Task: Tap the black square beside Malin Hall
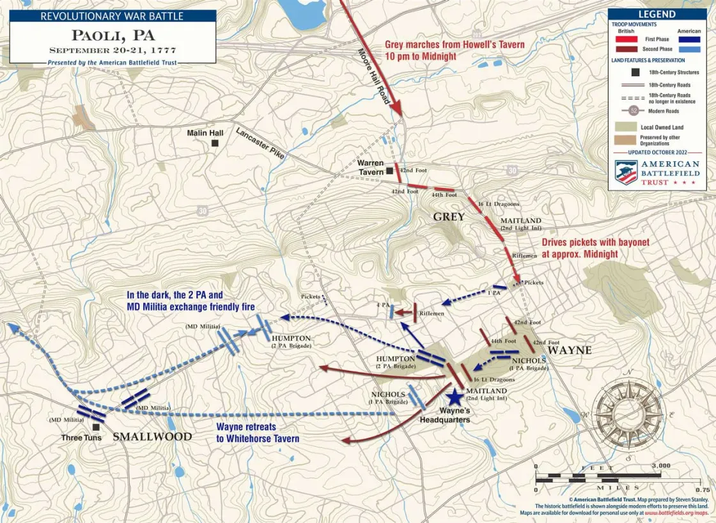(x=215, y=144)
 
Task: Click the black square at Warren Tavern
(x=389, y=171)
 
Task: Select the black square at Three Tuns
(x=95, y=426)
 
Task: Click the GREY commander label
(x=449, y=217)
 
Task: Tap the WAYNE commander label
(x=569, y=350)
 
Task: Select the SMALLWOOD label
(x=152, y=437)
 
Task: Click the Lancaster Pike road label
(x=260, y=144)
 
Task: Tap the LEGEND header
(x=657, y=14)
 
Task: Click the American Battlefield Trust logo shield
(x=626, y=172)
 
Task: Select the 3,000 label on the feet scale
(x=660, y=465)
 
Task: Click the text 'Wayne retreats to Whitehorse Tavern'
(x=257, y=433)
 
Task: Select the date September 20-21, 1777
(x=112, y=50)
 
